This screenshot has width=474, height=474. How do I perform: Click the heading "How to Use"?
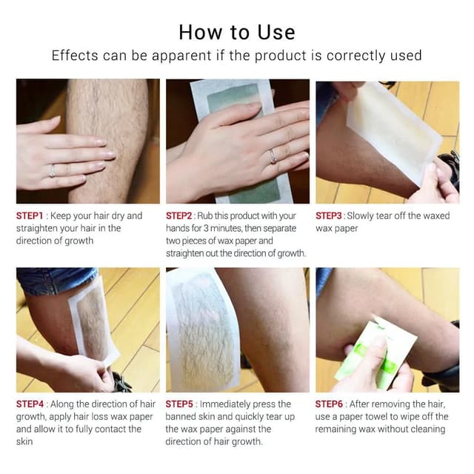point(236,32)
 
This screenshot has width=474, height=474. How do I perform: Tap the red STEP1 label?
point(32,216)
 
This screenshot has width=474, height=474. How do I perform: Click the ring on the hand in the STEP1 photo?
point(51,172)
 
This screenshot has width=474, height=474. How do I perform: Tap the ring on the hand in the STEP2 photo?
point(273,156)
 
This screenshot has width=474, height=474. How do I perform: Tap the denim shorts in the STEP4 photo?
point(52,280)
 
